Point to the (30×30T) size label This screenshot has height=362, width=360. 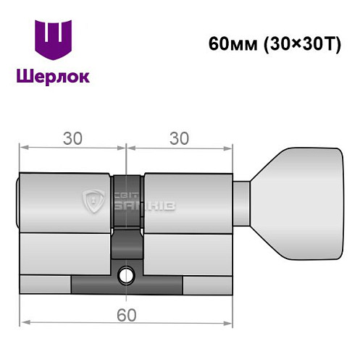point(293,43)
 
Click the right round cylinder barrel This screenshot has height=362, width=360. point(188,203)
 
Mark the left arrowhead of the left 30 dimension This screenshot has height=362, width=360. point(24,147)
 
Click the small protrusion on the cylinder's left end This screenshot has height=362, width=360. point(18,203)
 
